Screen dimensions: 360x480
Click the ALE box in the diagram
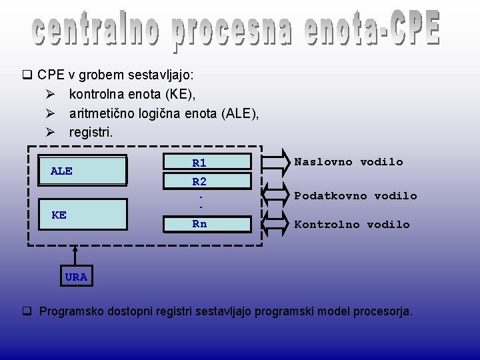click(83, 170)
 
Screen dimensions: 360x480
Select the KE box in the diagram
click(83, 215)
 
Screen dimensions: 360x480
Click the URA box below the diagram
click(76, 277)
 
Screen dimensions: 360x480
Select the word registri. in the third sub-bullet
click(91, 133)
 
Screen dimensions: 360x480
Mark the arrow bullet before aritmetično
click(50, 114)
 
